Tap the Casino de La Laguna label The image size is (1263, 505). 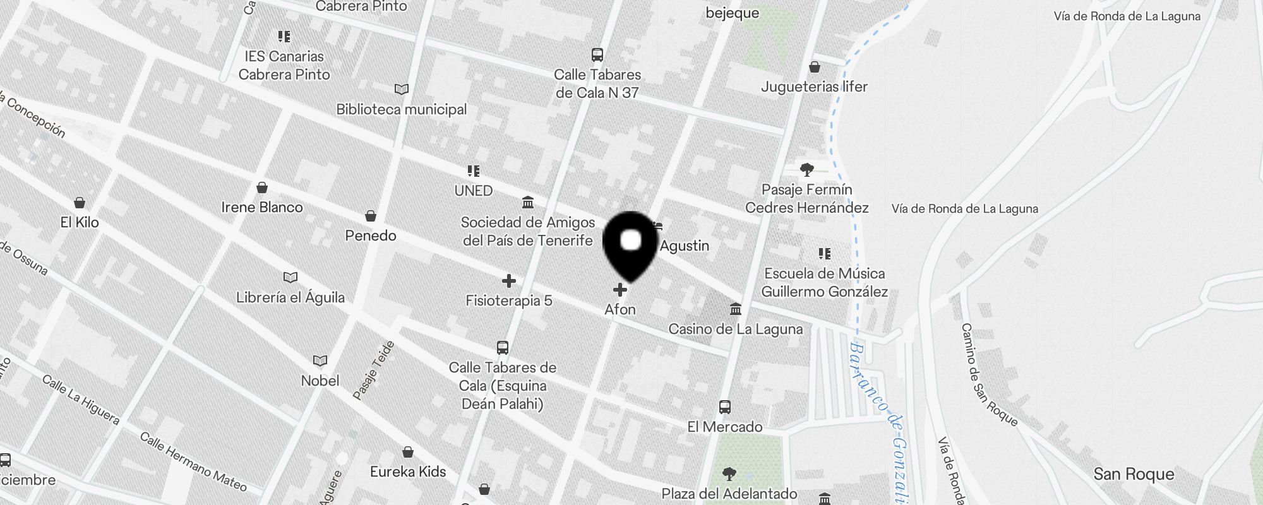[x=736, y=329]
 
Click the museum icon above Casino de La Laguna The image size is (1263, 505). [x=736, y=309]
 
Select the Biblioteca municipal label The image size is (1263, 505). [x=401, y=109]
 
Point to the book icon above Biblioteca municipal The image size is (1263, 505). [x=401, y=89]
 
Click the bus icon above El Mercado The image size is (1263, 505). [x=725, y=407]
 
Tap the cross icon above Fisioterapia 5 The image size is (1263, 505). [x=509, y=281]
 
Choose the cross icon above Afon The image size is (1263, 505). [x=620, y=290]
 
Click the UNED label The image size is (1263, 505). [x=473, y=191]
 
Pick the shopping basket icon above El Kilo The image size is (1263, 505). [x=80, y=203]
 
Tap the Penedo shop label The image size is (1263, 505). [x=371, y=235]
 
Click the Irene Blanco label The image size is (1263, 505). [x=262, y=207]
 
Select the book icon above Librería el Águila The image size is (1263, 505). [x=290, y=277]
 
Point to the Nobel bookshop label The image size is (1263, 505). [x=320, y=381]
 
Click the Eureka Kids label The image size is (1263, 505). [x=408, y=472]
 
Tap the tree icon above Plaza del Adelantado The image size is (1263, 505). [x=729, y=473]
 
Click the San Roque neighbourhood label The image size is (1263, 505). [x=1134, y=474]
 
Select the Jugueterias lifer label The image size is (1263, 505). [x=814, y=86]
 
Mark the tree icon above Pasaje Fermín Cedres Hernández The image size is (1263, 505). [x=806, y=169]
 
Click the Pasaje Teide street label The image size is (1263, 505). [x=374, y=371]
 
